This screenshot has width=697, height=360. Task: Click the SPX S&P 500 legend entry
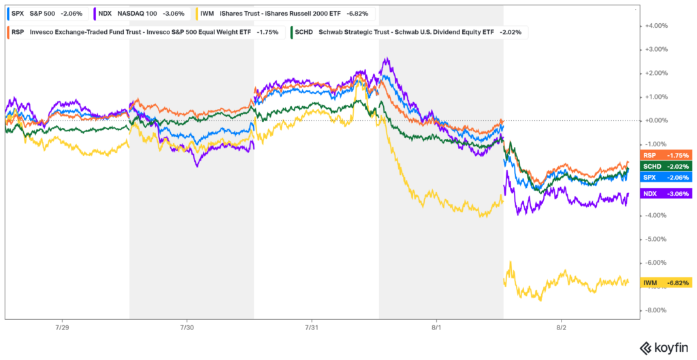(x=46, y=13)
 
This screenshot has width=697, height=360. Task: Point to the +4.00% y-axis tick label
(x=657, y=26)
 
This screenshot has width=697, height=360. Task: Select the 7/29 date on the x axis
(x=61, y=327)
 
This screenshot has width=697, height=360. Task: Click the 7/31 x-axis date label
(x=312, y=327)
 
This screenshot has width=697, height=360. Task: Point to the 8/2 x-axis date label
(x=562, y=327)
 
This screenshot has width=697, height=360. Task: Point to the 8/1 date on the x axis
(x=436, y=327)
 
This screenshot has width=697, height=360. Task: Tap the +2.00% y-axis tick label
(x=657, y=73)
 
